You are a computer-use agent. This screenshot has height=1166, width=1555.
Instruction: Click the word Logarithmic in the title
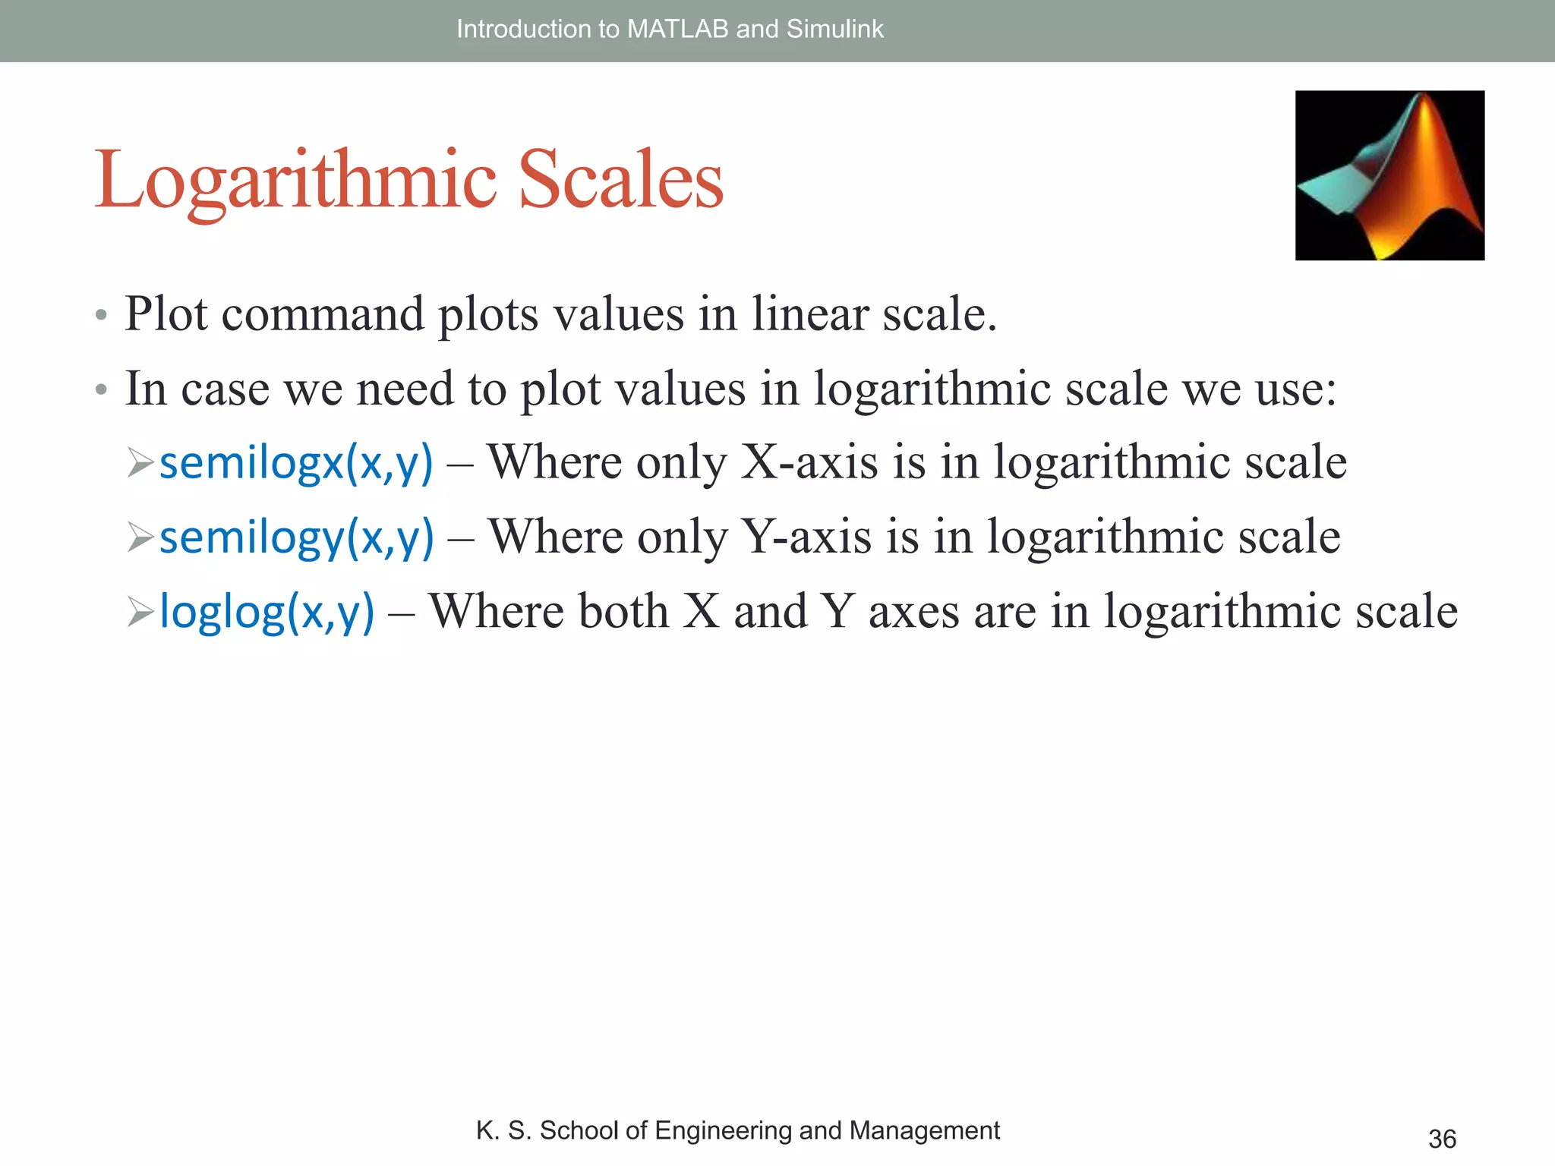[295, 180]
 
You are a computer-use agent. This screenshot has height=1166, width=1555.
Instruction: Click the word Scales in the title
[620, 180]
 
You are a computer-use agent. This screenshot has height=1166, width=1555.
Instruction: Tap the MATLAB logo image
[1389, 175]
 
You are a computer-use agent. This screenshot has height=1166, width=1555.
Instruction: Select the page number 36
[1442, 1139]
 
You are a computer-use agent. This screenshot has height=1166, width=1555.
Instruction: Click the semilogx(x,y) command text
[296, 462]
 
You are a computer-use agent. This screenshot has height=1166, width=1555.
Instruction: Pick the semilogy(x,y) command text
[296, 537]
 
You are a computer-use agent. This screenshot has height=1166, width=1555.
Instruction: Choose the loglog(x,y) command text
[267, 611]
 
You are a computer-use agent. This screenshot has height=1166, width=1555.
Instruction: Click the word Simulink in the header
[834, 29]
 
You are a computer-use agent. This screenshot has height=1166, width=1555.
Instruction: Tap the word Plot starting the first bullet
[166, 314]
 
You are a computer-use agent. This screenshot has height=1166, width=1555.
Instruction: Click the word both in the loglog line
[623, 611]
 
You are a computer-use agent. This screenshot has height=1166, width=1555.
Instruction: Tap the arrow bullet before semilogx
[140, 463]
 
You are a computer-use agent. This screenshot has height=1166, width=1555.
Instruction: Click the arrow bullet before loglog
[140, 612]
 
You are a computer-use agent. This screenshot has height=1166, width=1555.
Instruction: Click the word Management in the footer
[924, 1130]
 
